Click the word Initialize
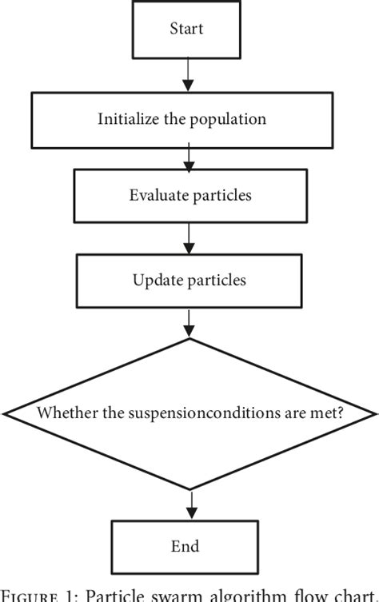point(128,119)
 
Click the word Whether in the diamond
point(65,413)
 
